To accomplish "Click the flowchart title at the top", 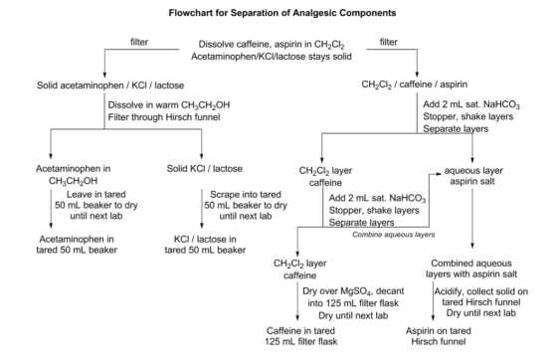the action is (x=282, y=13).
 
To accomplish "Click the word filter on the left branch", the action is (x=139, y=42).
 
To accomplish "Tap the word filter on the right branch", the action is (x=389, y=42).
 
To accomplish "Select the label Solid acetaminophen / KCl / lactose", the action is (x=110, y=86).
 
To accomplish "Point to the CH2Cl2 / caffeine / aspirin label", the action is (x=414, y=85).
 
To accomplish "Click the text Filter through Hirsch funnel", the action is (x=164, y=117).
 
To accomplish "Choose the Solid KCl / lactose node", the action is (x=205, y=169).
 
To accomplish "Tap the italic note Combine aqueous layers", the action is (x=394, y=235).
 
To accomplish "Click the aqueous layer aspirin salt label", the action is (x=473, y=176).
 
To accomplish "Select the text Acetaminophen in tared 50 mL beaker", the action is (x=77, y=245).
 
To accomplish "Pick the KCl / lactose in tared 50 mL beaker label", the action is (x=205, y=245).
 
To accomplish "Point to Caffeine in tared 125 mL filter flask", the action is (x=300, y=336).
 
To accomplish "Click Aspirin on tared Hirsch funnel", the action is (x=439, y=336).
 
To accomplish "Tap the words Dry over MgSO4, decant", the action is (x=353, y=291).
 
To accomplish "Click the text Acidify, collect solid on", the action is (x=481, y=291).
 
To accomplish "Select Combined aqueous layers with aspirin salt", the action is (x=471, y=269).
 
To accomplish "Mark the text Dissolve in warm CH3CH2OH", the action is (x=169, y=105).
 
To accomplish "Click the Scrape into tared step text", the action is (x=246, y=195).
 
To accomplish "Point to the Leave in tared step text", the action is (x=96, y=195).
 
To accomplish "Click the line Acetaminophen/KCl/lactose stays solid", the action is (x=272, y=57).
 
